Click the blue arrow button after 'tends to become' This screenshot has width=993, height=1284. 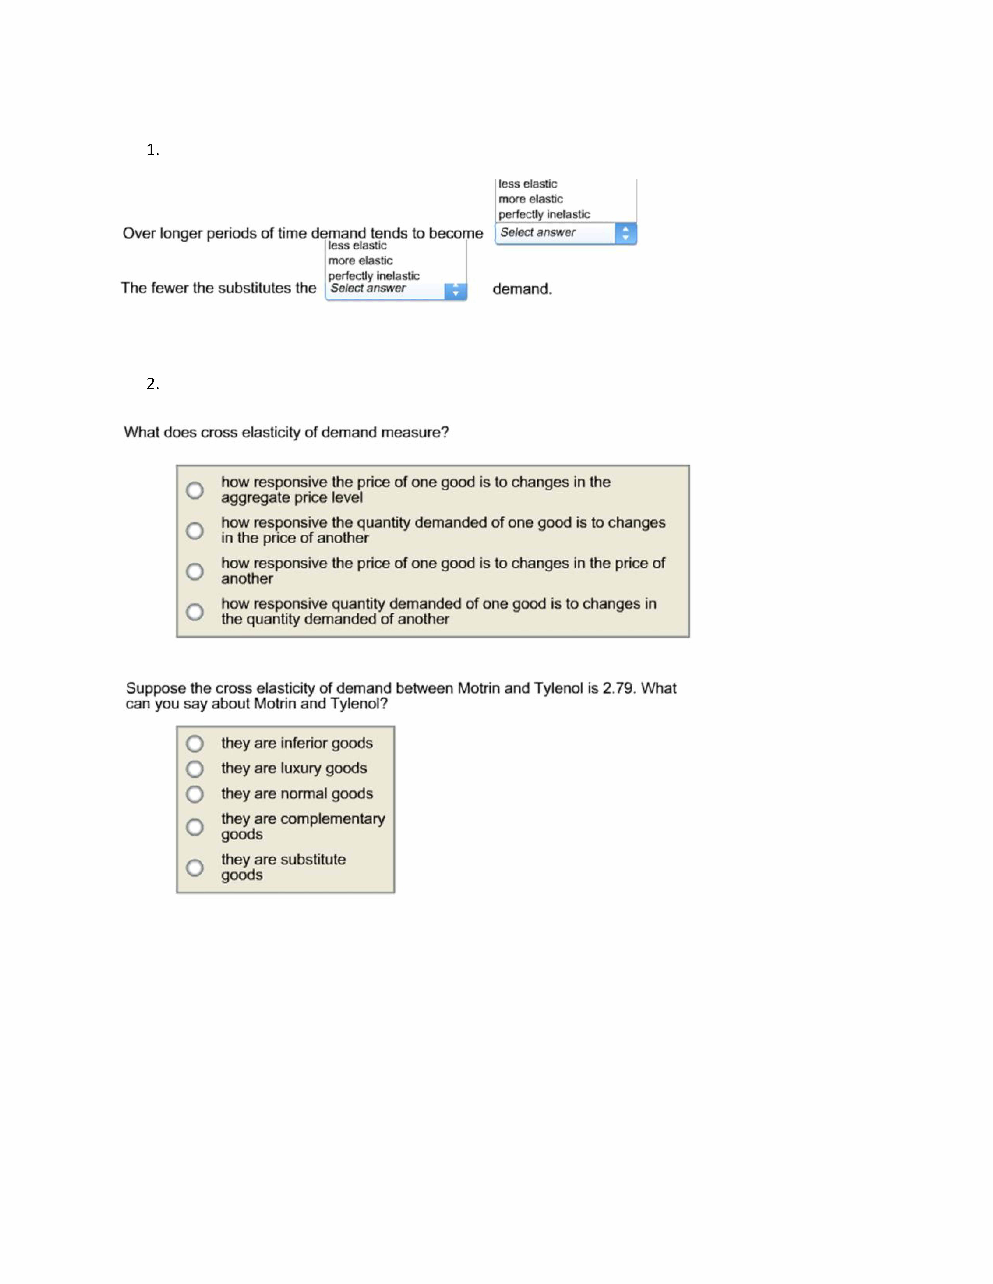coord(625,233)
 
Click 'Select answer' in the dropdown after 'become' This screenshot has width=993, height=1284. coord(538,232)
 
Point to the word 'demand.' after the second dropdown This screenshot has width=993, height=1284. coord(522,289)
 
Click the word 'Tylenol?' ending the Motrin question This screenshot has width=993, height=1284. coord(359,704)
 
